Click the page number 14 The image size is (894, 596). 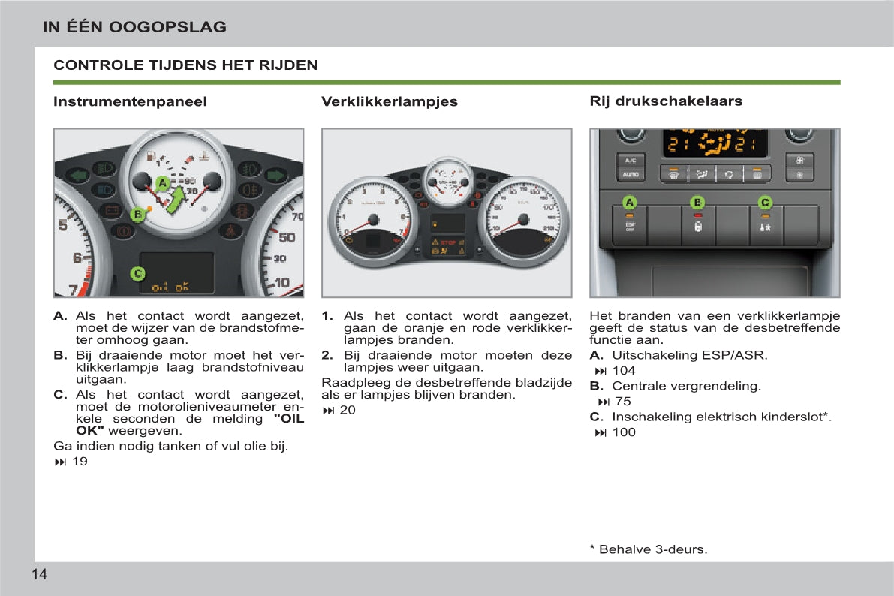coord(39,575)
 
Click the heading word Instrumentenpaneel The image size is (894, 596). coord(130,101)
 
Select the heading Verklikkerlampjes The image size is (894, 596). coord(389,101)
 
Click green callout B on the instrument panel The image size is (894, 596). coord(137,215)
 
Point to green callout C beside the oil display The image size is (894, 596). coord(137,273)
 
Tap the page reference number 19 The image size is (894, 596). coord(80,462)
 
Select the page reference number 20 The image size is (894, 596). coord(348,410)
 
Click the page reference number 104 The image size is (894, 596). coord(623,370)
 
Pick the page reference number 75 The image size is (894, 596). coord(623,401)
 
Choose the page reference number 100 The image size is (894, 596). coord(623,432)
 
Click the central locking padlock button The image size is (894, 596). coord(697,226)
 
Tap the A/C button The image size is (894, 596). coord(631,160)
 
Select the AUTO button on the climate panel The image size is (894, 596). coord(631,175)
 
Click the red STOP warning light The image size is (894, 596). coord(448,243)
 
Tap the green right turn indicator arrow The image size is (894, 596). coord(275,176)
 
